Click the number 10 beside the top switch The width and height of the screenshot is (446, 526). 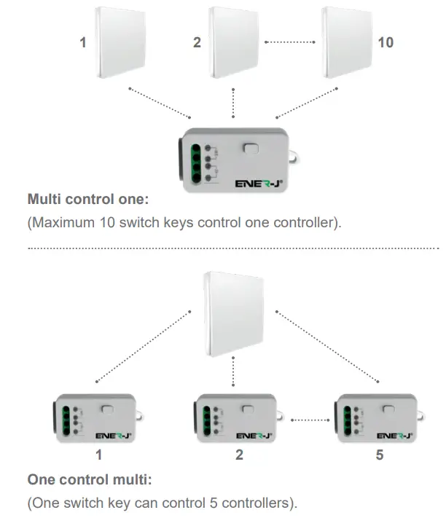pyautogui.click(x=386, y=42)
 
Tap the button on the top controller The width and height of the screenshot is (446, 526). pyautogui.click(x=251, y=149)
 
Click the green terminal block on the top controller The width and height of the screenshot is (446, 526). pyautogui.click(x=195, y=161)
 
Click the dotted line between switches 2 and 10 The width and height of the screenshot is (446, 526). pyautogui.click(x=292, y=42)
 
